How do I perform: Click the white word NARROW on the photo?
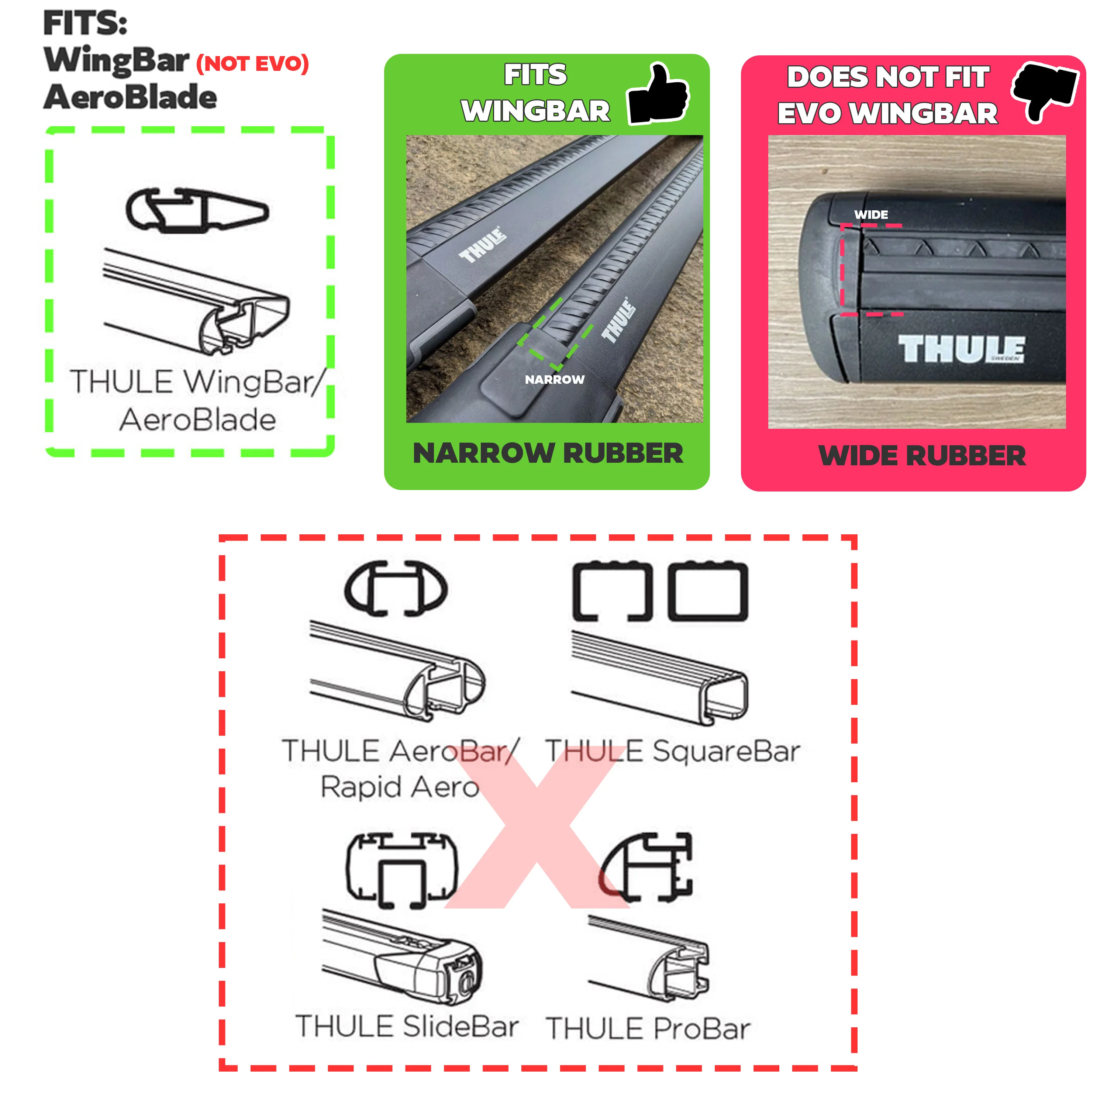click(x=554, y=379)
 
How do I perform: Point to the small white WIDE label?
click(x=871, y=215)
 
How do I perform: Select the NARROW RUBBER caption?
click(x=548, y=453)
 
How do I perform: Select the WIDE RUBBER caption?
click(x=922, y=456)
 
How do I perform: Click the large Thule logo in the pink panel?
click(x=961, y=349)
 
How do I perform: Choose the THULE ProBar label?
click(x=648, y=1028)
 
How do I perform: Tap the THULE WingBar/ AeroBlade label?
click(x=198, y=400)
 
